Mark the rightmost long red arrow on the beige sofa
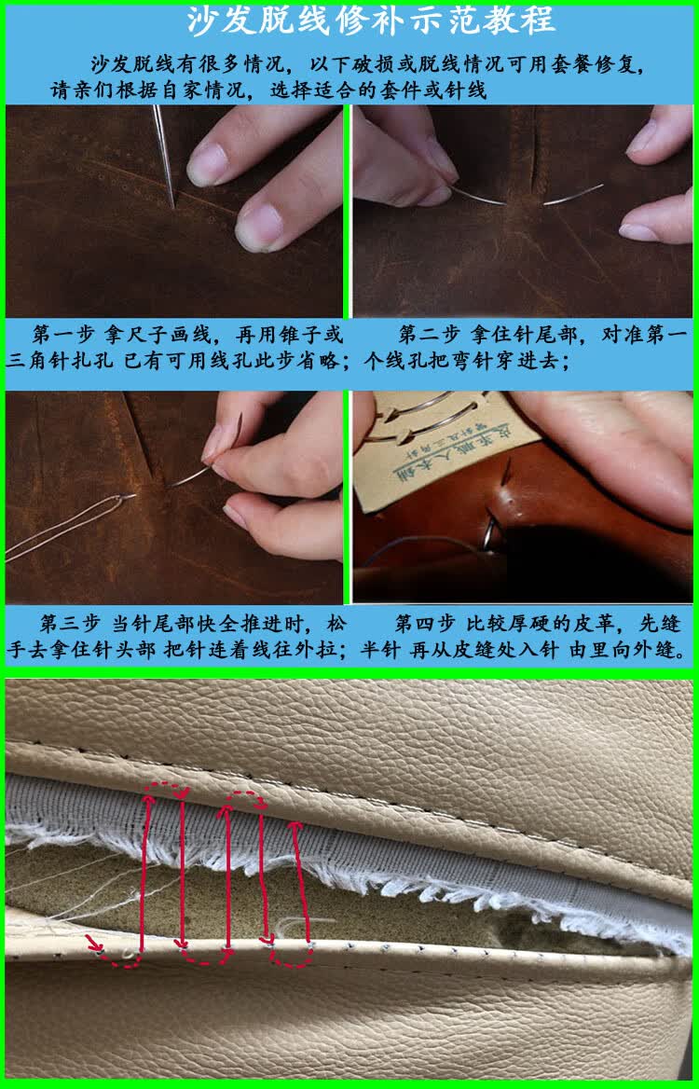coord(300,876)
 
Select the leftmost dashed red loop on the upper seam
coord(165,791)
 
